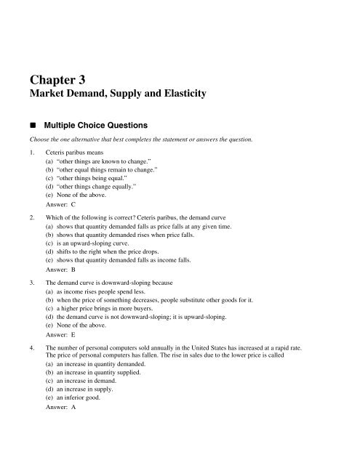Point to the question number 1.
28,153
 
